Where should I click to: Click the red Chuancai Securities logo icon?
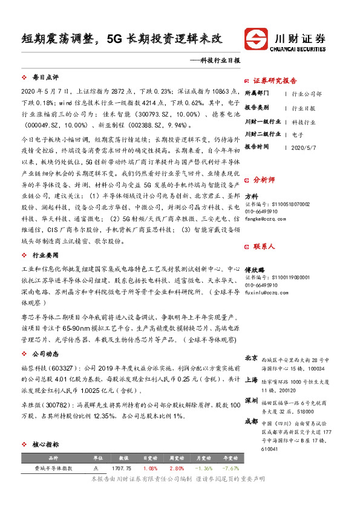click(x=258, y=40)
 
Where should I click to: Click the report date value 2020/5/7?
click(x=304, y=147)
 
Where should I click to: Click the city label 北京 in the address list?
click(x=251, y=358)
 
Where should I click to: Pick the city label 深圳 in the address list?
click(x=251, y=400)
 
